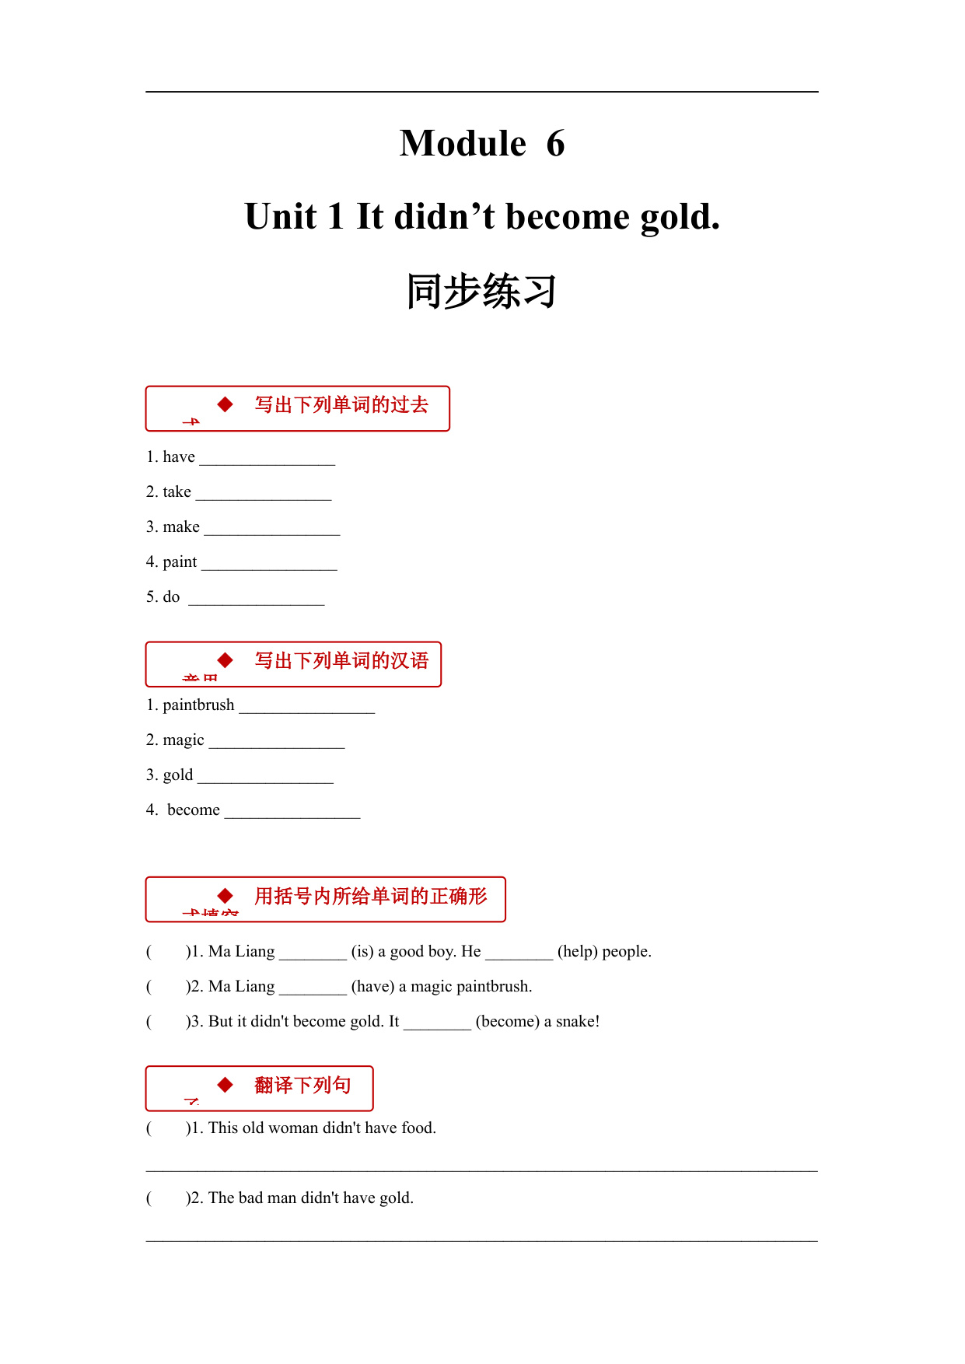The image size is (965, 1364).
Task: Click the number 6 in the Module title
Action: [x=555, y=144]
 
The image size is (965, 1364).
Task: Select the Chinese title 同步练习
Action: [x=481, y=292]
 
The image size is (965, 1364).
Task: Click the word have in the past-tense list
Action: [x=179, y=457]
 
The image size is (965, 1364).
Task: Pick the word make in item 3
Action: [x=181, y=527]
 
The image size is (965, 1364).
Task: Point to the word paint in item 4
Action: [x=180, y=562]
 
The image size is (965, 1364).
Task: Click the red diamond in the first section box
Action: [x=226, y=404]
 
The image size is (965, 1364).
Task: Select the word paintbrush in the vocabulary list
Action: [x=198, y=705]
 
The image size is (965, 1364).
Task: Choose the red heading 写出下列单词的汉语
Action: [x=341, y=661]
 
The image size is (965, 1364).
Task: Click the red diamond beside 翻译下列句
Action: [x=226, y=1085]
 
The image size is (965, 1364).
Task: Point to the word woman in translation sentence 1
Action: [x=293, y=1128]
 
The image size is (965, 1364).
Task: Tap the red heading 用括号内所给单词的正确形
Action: [x=370, y=897]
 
